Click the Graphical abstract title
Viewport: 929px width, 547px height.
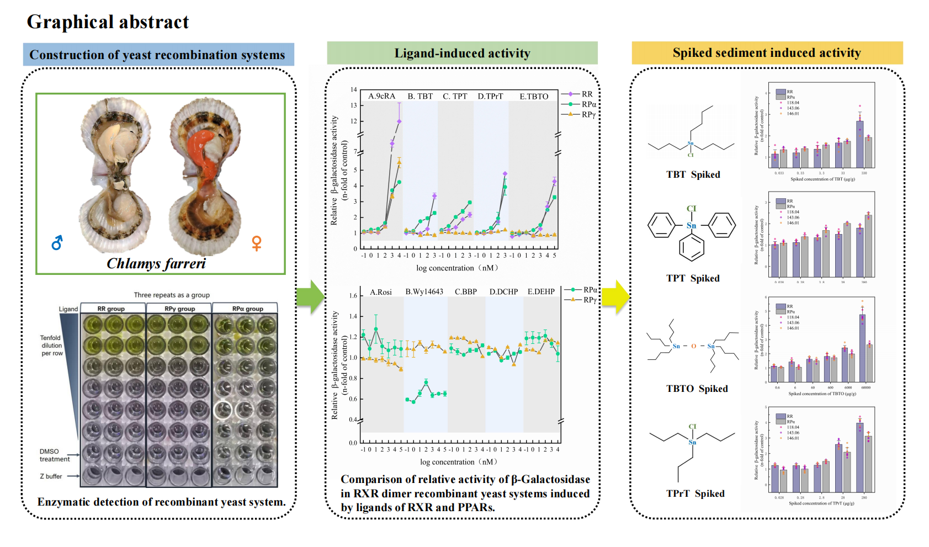pyautogui.click(x=108, y=22)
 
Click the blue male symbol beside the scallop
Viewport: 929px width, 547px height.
pyautogui.click(x=57, y=243)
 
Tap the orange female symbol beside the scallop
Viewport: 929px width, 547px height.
pyautogui.click(x=257, y=243)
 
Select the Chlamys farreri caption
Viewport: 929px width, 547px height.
pyautogui.click(x=156, y=264)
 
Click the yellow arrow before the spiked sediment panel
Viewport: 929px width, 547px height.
pyautogui.click(x=615, y=297)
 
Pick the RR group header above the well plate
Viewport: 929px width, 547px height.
pyautogui.click(x=111, y=309)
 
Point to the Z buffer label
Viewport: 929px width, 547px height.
pyautogui.click(x=51, y=476)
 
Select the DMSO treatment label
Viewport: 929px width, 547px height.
pyautogui.click(x=54, y=455)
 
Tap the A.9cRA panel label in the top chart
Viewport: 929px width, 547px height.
pyautogui.click(x=382, y=96)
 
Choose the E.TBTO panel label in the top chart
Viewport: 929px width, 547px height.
pyautogui.click(x=534, y=96)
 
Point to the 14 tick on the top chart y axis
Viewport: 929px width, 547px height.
pyautogui.click(x=354, y=89)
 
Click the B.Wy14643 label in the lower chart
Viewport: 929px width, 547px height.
pyautogui.click(x=424, y=292)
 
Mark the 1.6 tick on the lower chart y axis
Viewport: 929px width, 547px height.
pyautogui.click(x=353, y=296)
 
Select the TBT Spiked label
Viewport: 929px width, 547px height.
pyautogui.click(x=693, y=174)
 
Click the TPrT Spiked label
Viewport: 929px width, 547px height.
pyautogui.click(x=695, y=493)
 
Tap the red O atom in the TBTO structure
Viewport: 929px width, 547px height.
pyautogui.click(x=694, y=346)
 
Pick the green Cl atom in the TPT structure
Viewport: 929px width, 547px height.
pyautogui.click(x=691, y=209)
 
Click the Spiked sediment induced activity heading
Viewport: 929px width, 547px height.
pyautogui.click(x=767, y=53)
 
